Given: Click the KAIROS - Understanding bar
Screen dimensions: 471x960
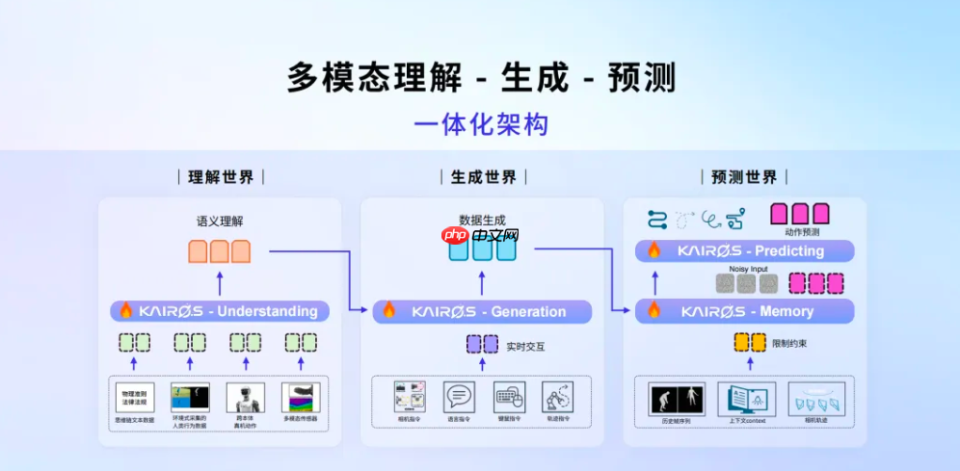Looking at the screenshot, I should (x=220, y=311).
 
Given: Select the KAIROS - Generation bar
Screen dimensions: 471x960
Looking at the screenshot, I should (x=482, y=311).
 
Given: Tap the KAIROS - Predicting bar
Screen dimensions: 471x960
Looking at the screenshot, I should (x=744, y=251).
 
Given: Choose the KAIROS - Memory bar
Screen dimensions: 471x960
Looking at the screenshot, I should (x=744, y=311).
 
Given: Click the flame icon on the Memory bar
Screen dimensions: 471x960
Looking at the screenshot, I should (x=654, y=311).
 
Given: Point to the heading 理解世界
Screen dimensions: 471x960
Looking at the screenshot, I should (x=221, y=177).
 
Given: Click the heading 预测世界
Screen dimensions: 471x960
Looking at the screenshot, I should (x=743, y=177).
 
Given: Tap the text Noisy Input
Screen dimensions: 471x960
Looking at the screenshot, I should (x=748, y=269).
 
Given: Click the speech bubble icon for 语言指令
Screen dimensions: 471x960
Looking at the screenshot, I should (x=459, y=397).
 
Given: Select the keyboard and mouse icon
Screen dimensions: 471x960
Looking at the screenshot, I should (x=509, y=397).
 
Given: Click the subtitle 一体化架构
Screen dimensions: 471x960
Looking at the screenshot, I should (x=481, y=126).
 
